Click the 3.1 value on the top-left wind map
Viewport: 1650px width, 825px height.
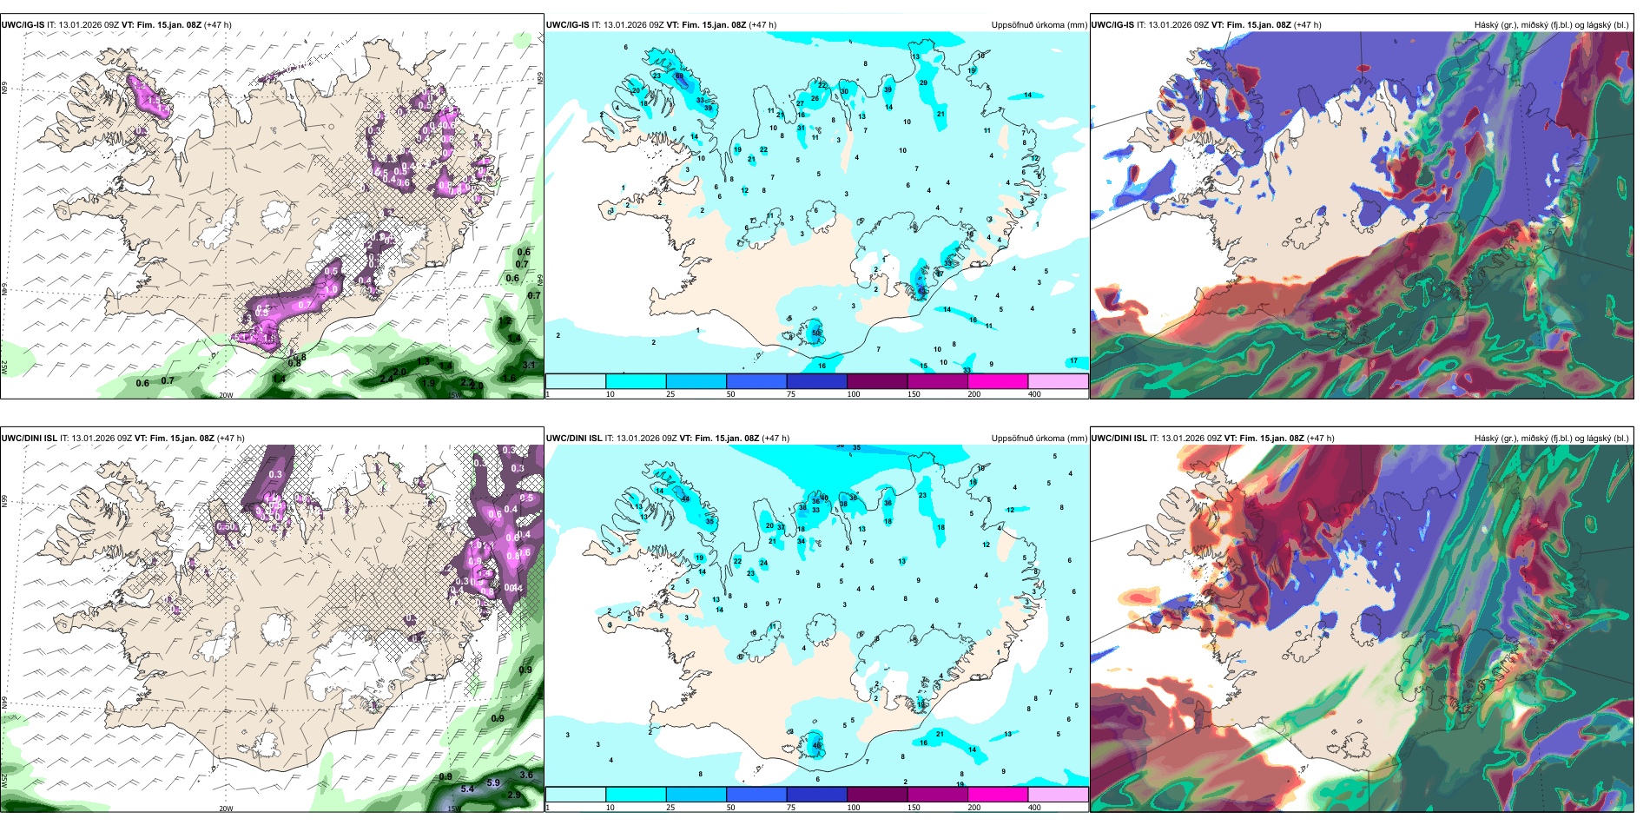(530, 366)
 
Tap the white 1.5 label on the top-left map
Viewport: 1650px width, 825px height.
(268, 339)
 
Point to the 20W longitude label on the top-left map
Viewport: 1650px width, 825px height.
(226, 395)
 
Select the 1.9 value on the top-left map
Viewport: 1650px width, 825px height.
(429, 383)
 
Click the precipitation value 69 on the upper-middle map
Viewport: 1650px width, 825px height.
(679, 77)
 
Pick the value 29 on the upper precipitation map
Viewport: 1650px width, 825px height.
(923, 83)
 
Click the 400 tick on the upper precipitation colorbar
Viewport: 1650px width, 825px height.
(1034, 394)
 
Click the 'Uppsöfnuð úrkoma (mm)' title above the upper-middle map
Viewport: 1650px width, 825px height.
(1039, 25)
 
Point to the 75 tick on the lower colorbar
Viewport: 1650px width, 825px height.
(791, 808)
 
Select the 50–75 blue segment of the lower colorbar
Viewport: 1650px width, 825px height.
(756, 795)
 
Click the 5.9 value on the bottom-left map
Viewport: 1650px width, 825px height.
(493, 782)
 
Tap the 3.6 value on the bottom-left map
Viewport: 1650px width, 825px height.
(526, 775)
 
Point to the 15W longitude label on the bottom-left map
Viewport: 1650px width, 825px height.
(452, 808)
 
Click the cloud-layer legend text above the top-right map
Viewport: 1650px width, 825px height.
(1551, 25)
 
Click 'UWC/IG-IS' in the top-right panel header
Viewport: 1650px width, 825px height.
(1112, 25)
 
